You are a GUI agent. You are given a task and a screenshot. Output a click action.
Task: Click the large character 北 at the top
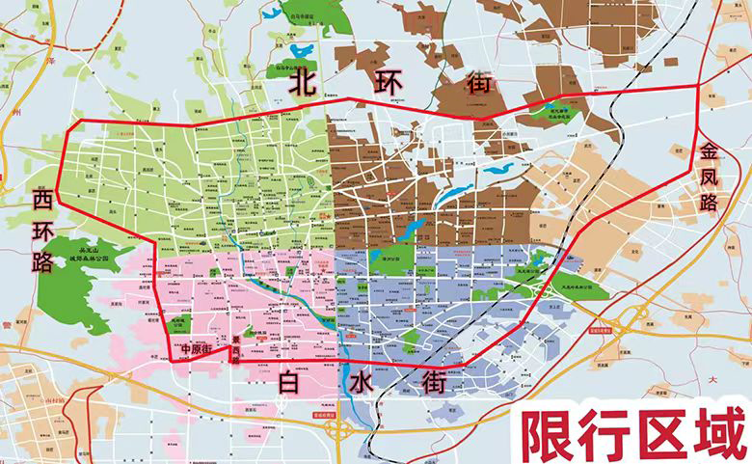308,82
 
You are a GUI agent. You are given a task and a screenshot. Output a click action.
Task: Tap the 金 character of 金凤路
711,151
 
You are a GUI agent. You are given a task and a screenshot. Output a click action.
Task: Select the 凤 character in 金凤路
711,178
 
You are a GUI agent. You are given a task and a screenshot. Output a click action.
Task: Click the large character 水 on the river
360,383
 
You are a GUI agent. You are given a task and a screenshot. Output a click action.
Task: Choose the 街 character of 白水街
435,384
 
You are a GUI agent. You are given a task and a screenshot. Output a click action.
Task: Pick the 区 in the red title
656,436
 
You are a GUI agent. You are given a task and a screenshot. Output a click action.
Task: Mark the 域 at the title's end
714,436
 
